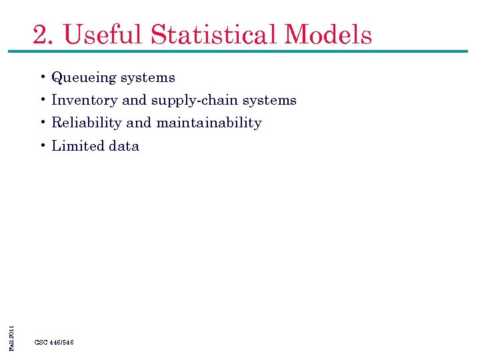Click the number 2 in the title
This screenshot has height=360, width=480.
tap(41, 34)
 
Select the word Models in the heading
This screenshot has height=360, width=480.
tap(328, 34)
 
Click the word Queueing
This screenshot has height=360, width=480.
tap(82, 78)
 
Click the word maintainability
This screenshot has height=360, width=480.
tap(209, 123)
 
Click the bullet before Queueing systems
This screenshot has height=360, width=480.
tap(42, 77)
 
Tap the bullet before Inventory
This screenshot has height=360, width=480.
tap(42, 100)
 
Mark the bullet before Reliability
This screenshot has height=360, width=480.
tap(42, 123)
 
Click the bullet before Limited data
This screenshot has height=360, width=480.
tap(42, 145)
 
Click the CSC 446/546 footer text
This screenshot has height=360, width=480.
tap(54, 342)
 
